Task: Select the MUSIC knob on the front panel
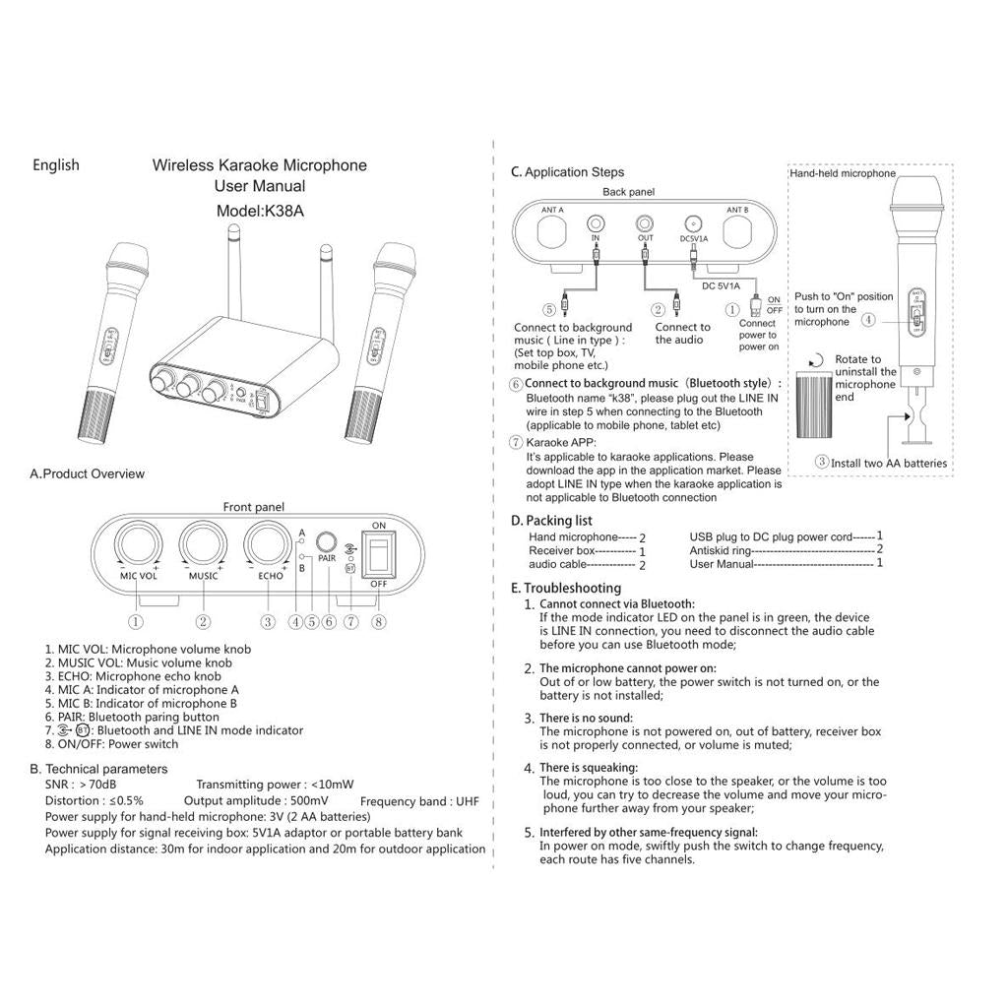click(203, 543)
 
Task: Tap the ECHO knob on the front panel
click(269, 543)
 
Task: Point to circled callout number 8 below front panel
click(379, 621)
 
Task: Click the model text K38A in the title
click(260, 211)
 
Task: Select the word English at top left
click(56, 164)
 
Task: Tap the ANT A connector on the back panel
click(552, 233)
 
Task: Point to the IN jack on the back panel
click(596, 223)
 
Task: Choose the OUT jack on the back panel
click(645, 223)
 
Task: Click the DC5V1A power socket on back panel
click(694, 223)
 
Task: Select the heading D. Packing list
click(551, 520)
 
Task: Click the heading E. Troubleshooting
click(566, 588)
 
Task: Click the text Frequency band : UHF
click(419, 802)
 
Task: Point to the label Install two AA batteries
click(888, 463)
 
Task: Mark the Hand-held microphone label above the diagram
click(842, 173)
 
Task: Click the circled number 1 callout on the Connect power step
click(731, 308)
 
